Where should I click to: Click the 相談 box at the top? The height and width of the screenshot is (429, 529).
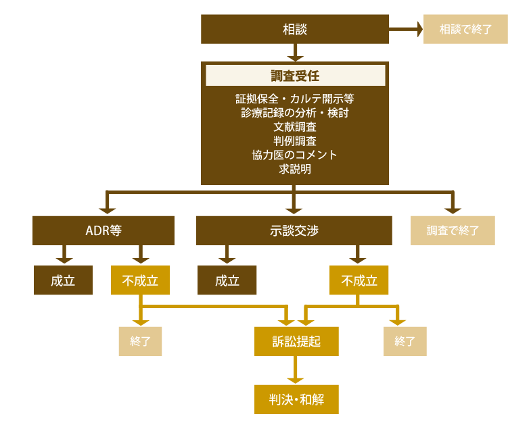tap(295, 29)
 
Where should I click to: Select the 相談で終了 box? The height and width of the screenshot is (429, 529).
tap(465, 29)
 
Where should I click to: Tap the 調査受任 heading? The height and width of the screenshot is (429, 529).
tap(295, 76)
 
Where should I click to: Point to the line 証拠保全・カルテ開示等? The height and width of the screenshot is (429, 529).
tap(295, 99)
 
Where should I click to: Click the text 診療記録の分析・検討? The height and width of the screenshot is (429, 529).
tap(295, 113)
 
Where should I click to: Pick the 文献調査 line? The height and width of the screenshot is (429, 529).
tap(295, 127)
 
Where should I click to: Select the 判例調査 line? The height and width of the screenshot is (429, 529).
tap(295, 141)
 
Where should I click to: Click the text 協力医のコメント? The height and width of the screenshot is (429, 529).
tap(295, 155)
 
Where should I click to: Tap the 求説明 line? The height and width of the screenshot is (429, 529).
tap(295, 169)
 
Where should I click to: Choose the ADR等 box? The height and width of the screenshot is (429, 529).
tap(103, 230)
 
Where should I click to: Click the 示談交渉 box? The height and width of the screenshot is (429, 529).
tap(294, 230)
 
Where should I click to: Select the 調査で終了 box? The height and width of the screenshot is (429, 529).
tap(453, 230)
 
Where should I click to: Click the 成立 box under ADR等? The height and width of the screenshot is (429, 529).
tap(63, 281)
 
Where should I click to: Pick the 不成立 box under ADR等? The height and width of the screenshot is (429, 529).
tap(140, 281)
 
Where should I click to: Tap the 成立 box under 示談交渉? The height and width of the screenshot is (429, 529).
tap(227, 281)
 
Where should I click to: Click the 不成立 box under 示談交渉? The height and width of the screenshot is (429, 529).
tap(359, 281)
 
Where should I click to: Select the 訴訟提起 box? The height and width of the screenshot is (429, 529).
tap(296, 342)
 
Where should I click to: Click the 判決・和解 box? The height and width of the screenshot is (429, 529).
tap(296, 399)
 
